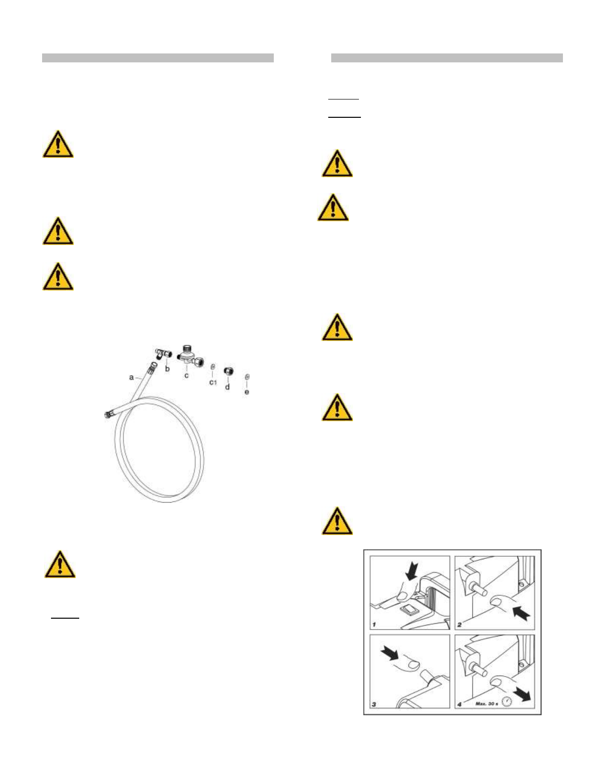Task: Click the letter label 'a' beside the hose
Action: (x=131, y=378)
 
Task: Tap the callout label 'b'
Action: (x=167, y=369)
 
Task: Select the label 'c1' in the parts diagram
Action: (x=213, y=382)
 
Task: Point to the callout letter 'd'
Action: (x=227, y=387)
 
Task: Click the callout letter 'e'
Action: (x=247, y=392)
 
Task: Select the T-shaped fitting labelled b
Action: (x=161, y=353)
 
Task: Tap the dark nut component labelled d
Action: (x=228, y=371)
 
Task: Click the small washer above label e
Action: (x=247, y=377)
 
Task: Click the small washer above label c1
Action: (x=213, y=367)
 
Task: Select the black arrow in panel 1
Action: (x=411, y=572)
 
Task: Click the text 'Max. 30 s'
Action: (x=487, y=703)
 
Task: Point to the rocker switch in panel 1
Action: (x=409, y=608)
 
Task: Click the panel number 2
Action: (x=459, y=625)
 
